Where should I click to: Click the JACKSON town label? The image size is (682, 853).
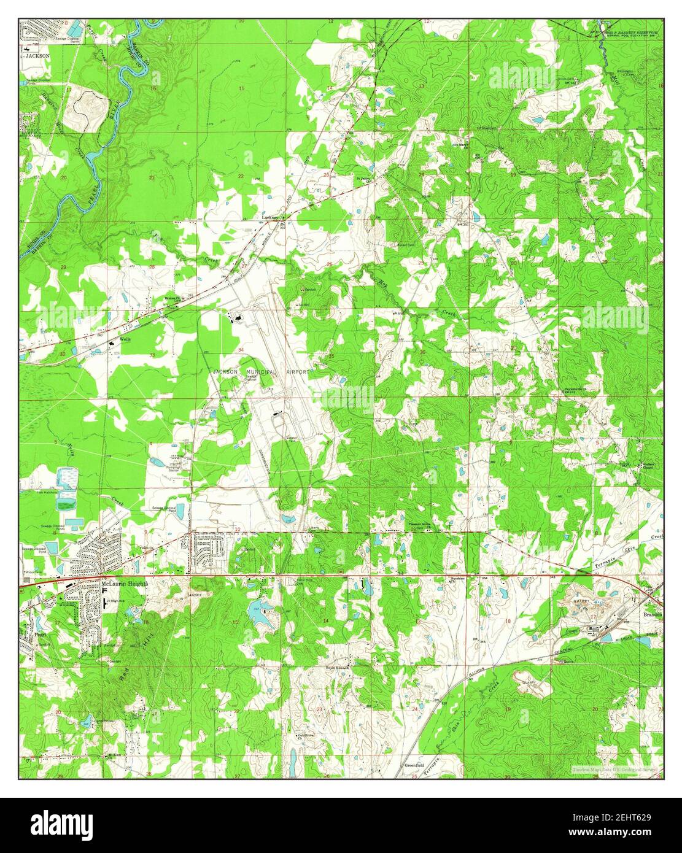click(37, 55)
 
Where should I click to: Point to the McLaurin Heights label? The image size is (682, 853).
click(125, 584)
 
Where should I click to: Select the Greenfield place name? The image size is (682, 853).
click(414, 766)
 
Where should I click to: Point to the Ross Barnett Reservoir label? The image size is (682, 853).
click(632, 31)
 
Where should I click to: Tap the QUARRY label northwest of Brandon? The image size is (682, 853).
click(582, 601)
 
